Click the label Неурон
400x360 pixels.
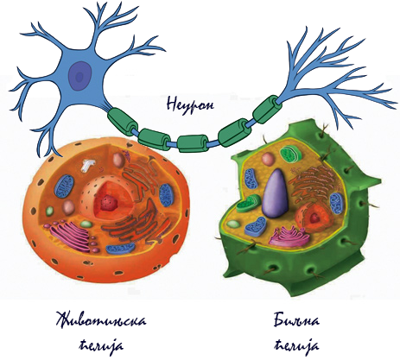click(x=190, y=104)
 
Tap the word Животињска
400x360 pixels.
click(x=101, y=321)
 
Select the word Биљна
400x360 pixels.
click(x=296, y=320)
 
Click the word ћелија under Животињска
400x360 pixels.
click(x=101, y=346)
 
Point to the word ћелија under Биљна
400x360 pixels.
click(x=296, y=346)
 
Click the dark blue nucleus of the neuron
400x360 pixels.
click(x=80, y=76)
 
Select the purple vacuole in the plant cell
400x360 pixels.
click(x=276, y=193)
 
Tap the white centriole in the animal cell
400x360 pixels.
click(x=88, y=166)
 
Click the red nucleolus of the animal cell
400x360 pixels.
click(x=108, y=201)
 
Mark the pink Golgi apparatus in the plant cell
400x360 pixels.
click(x=289, y=236)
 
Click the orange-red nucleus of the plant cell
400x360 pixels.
click(x=314, y=217)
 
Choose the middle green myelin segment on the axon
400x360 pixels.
click(x=193, y=143)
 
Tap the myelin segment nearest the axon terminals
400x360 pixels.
click(x=267, y=109)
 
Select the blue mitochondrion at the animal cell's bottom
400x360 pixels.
click(x=120, y=249)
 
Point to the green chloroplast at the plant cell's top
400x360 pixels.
click(x=291, y=154)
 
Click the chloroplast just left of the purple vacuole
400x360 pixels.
click(x=248, y=203)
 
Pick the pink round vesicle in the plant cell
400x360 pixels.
click(x=268, y=159)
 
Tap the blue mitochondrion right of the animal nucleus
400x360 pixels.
click(x=166, y=195)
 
